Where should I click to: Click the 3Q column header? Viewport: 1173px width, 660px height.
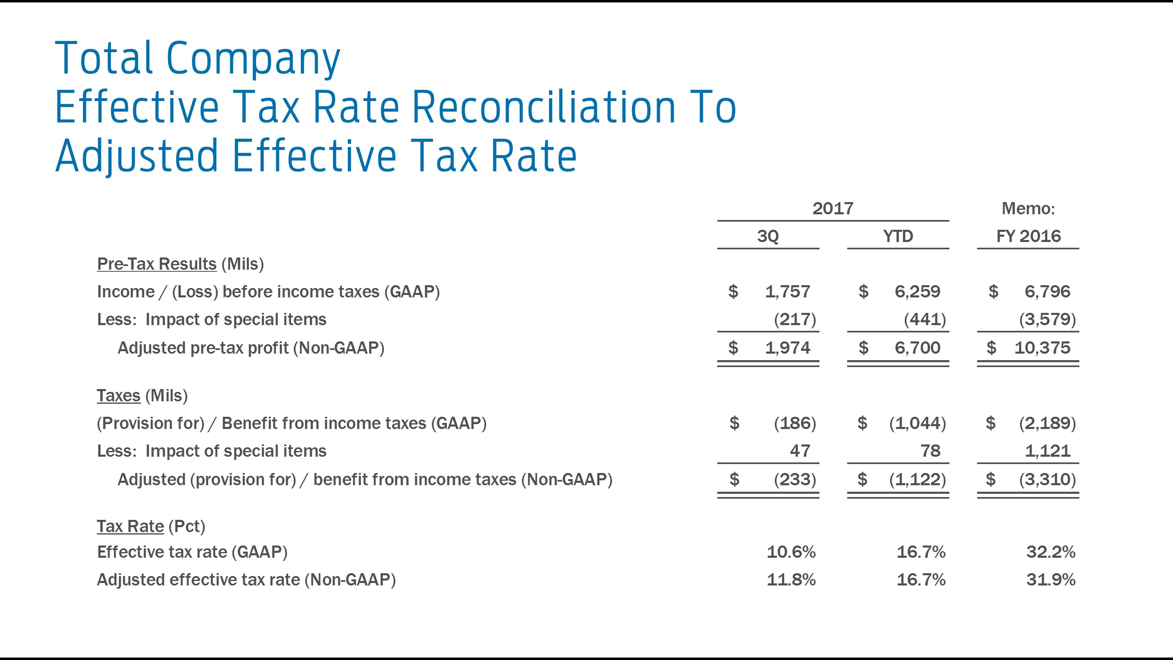pyautogui.click(x=768, y=236)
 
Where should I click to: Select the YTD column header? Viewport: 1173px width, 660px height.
pyautogui.click(x=898, y=236)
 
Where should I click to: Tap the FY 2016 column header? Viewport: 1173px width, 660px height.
pyautogui.click(x=1028, y=236)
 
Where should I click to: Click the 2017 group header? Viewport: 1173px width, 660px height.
pyautogui.click(x=833, y=208)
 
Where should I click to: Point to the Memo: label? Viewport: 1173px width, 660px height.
pyautogui.click(x=1028, y=208)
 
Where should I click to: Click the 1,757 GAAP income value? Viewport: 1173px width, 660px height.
pyautogui.click(x=787, y=292)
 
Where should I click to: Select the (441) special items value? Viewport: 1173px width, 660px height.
pyautogui.click(x=925, y=319)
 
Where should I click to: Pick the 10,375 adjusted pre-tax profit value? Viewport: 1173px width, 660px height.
pyautogui.click(x=1042, y=348)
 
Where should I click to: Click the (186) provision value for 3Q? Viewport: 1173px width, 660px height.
pyautogui.click(x=795, y=423)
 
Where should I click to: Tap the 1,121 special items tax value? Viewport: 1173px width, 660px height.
pyautogui.click(x=1047, y=451)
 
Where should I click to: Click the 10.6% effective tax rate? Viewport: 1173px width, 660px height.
pyautogui.click(x=791, y=552)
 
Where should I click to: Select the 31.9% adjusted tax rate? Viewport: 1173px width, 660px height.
pyautogui.click(x=1050, y=580)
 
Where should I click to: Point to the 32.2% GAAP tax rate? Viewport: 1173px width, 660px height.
pyautogui.click(x=1050, y=552)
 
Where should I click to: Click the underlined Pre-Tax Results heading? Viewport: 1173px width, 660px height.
pyautogui.click(x=157, y=264)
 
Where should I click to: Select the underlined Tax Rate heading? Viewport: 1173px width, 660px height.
pyautogui.click(x=130, y=526)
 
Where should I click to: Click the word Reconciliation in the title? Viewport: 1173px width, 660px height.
pyautogui.click(x=544, y=108)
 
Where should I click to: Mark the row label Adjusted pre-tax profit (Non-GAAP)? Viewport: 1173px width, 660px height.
pyautogui.click(x=251, y=348)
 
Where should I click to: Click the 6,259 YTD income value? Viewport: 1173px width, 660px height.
pyautogui.click(x=917, y=292)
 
